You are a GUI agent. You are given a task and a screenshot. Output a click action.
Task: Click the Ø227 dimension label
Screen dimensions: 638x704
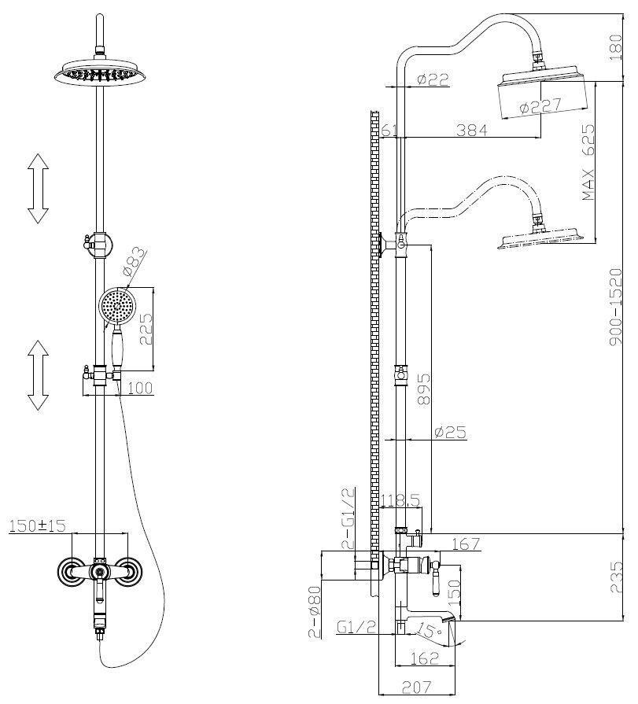[x=540, y=106]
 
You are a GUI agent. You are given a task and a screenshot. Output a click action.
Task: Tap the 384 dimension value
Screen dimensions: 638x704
[x=472, y=131]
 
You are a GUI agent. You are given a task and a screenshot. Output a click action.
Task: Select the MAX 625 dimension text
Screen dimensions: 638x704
[x=588, y=162]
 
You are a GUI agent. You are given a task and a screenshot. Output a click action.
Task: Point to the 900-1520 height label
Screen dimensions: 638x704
[x=616, y=306]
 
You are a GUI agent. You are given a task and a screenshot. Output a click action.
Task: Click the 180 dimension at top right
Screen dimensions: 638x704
[x=616, y=47]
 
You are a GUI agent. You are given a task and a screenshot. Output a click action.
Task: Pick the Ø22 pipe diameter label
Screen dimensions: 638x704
[x=433, y=79]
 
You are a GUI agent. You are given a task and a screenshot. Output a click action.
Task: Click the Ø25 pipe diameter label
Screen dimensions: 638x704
[x=451, y=432]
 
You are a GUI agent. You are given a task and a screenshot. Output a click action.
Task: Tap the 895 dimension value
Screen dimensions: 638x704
[x=423, y=389]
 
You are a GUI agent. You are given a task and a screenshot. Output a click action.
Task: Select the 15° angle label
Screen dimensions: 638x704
[x=429, y=631]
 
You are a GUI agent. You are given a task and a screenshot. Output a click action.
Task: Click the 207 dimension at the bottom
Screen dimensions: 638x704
[x=416, y=687]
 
